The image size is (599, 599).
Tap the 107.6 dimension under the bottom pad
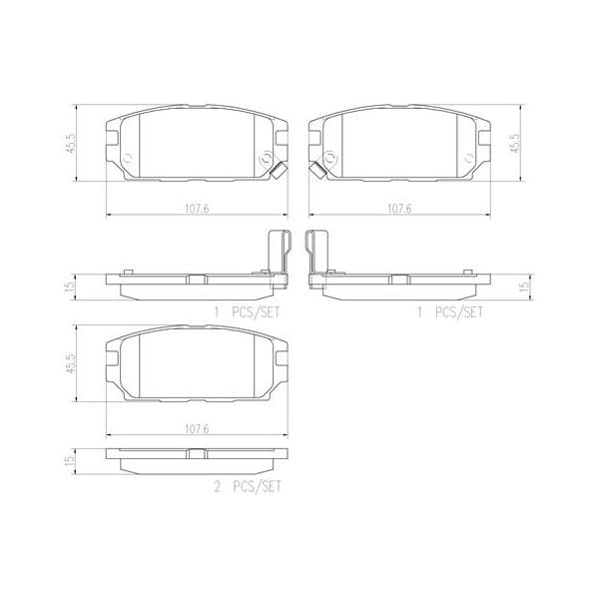pyautogui.click(x=196, y=428)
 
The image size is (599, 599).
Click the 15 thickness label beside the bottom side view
pyautogui.click(x=70, y=460)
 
